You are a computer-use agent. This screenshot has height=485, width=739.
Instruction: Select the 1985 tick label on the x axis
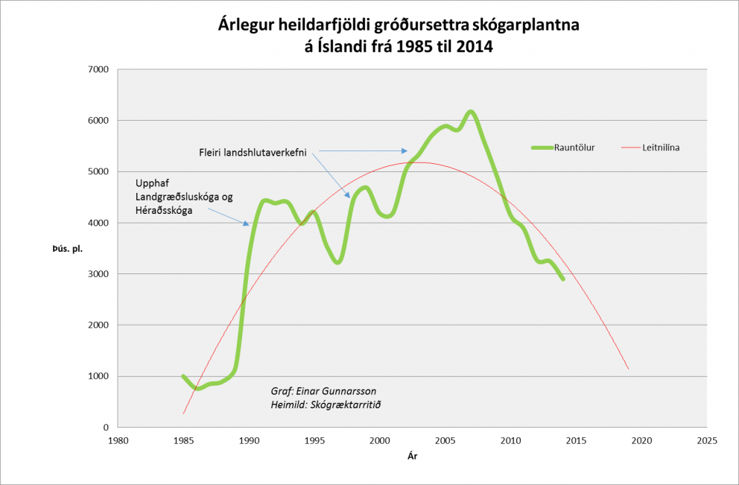(x=183, y=440)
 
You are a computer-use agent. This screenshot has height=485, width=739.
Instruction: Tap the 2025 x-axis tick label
(x=706, y=440)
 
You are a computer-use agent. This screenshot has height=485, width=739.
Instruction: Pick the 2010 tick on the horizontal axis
(x=510, y=440)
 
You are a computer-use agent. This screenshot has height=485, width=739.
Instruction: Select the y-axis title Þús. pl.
(x=67, y=248)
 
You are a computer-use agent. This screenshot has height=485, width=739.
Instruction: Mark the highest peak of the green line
(x=471, y=112)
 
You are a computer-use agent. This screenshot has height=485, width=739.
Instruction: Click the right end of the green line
(x=563, y=279)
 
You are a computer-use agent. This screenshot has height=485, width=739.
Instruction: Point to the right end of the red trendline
(x=629, y=369)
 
